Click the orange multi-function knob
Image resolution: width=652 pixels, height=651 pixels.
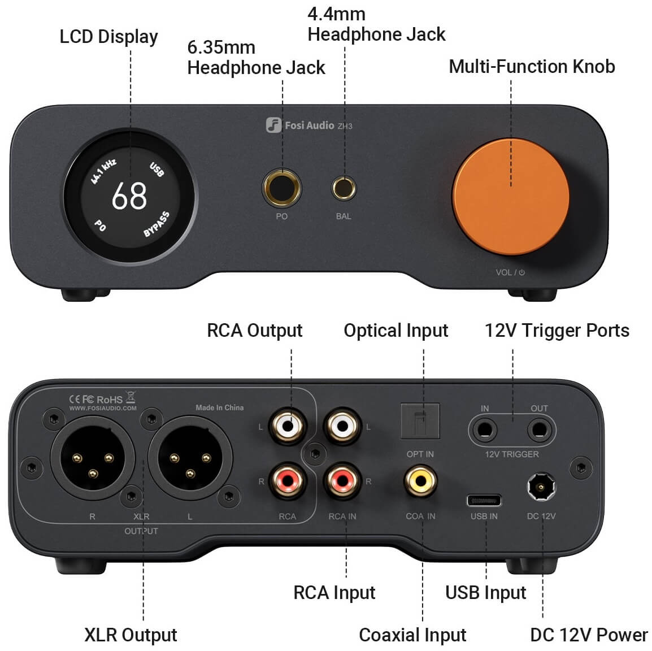pyautogui.click(x=511, y=197)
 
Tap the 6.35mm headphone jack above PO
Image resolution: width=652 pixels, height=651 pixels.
pyautogui.click(x=282, y=188)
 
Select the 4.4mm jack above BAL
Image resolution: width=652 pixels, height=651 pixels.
pyautogui.click(x=344, y=188)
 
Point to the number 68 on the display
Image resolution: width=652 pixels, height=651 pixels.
pyautogui.click(x=129, y=196)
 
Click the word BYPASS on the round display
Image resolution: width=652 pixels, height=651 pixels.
pyautogui.click(x=157, y=224)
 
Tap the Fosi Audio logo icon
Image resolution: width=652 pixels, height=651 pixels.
pyautogui.click(x=273, y=125)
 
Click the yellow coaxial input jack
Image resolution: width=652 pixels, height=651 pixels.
pyautogui.click(x=420, y=481)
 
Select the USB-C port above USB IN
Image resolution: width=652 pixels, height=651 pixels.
pyautogui.click(x=484, y=500)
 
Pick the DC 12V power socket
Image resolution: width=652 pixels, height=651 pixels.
pyautogui.click(x=541, y=487)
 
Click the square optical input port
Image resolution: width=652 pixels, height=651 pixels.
pyautogui.click(x=420, y=421)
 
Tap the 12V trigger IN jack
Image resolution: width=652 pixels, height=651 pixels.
pyautogui.click(x=484, y=429)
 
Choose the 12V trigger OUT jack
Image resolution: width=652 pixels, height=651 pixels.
pyautogui.click(x=540, y=429)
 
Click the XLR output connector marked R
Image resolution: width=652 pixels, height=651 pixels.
pyautogui.click(x=93, y=458)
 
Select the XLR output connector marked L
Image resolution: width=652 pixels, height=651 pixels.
pyautogui.click(x=190, y=458)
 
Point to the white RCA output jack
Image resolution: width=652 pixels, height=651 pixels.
pyautogui.click(x=288, y=426)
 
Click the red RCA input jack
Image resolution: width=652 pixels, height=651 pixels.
pyautogui.click(x=342, y=481)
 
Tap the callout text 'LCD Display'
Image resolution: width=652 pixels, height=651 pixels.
pyautogui.click(x=109, y=37)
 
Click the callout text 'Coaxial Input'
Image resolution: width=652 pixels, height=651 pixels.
pyautogui.click(x=412, y=635)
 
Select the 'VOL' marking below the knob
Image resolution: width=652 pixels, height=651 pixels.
pyautogui.click(x=503, y=272)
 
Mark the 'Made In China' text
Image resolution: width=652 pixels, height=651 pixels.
pyautogui.click(x=220, y=407)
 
